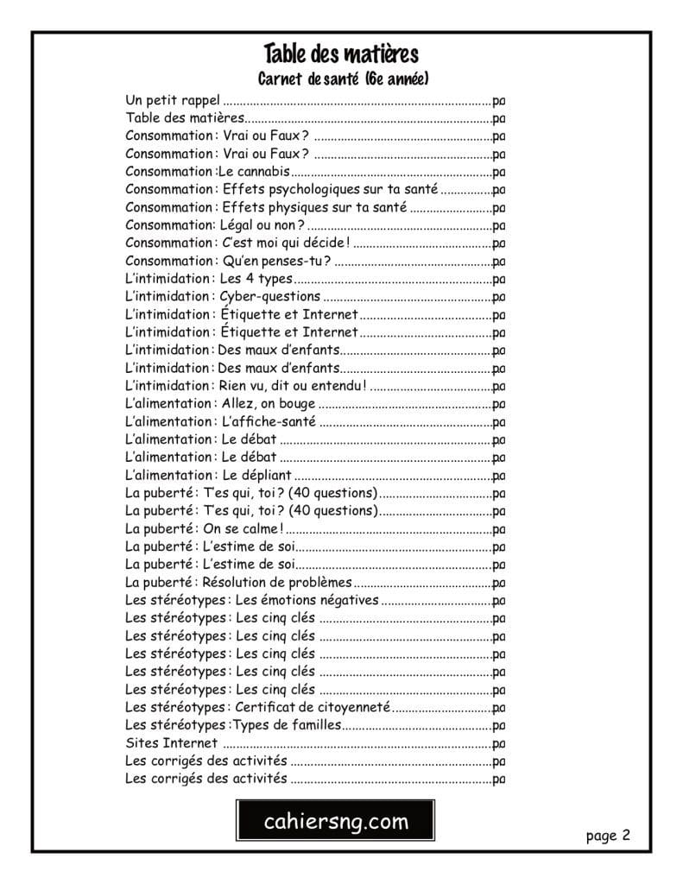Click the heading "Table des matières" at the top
[x=341, y=54]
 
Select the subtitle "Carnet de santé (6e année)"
[x=343, y=79]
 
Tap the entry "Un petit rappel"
[x=173, y=100]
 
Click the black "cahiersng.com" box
[x=336, y=822]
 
